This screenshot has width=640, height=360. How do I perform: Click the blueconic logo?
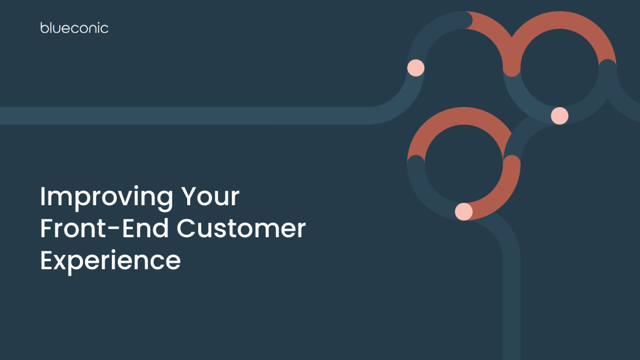[74, 28]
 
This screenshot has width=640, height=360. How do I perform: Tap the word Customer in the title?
[241, 229]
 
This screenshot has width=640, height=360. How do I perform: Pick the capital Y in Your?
[189, 197]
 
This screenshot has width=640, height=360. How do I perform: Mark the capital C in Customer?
[187, 229]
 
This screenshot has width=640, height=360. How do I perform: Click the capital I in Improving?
[43, 197]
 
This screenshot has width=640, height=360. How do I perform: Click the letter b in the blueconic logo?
[44, 28]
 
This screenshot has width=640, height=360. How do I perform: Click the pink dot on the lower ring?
[463, 211]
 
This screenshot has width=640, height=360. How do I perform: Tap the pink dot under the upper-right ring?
[559, 115]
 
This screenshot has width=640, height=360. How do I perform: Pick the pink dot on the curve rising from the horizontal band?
[415, 68]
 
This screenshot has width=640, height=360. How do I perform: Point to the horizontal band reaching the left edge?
[160, 115]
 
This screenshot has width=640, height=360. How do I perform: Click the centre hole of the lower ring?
[463, 163]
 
